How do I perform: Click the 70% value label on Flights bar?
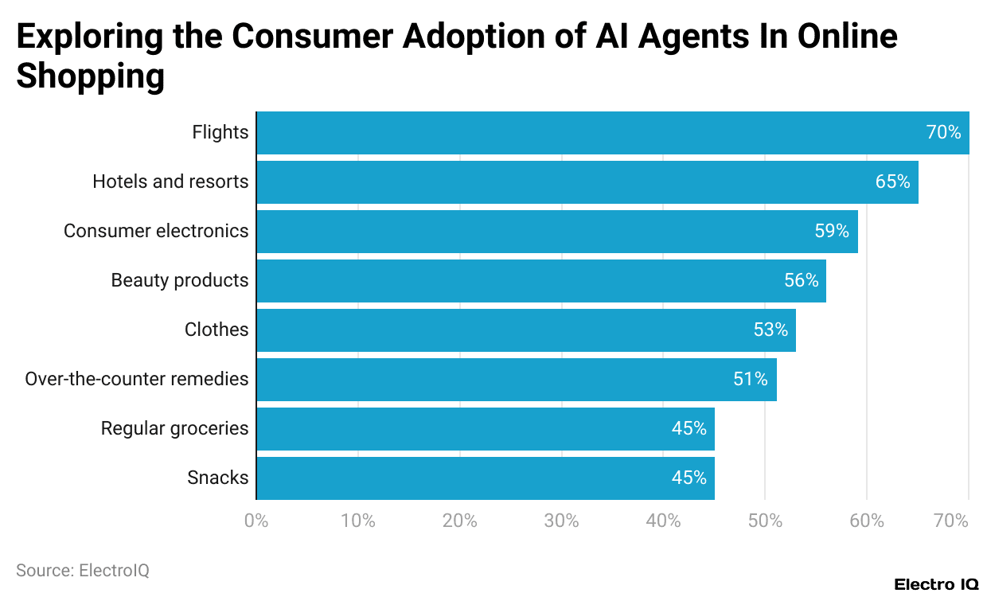pos(943,133)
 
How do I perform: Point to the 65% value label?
pos(892,182)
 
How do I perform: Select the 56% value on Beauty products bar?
pos(801,281)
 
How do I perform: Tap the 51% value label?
pos(751,380)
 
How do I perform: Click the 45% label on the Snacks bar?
pos(689,478)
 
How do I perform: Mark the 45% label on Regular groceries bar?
pos(689,429)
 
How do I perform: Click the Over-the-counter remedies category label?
pos(136,380)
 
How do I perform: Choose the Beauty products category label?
pos(180,281)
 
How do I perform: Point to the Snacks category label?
pos(217,478)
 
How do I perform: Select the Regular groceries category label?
pos(174,429)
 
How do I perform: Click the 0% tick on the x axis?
pos(256,521)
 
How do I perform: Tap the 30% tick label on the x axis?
pos(561,521)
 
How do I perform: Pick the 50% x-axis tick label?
pos(765,521)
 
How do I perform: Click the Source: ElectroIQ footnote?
pos(83,571)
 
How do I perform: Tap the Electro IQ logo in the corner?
pos(936,584)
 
